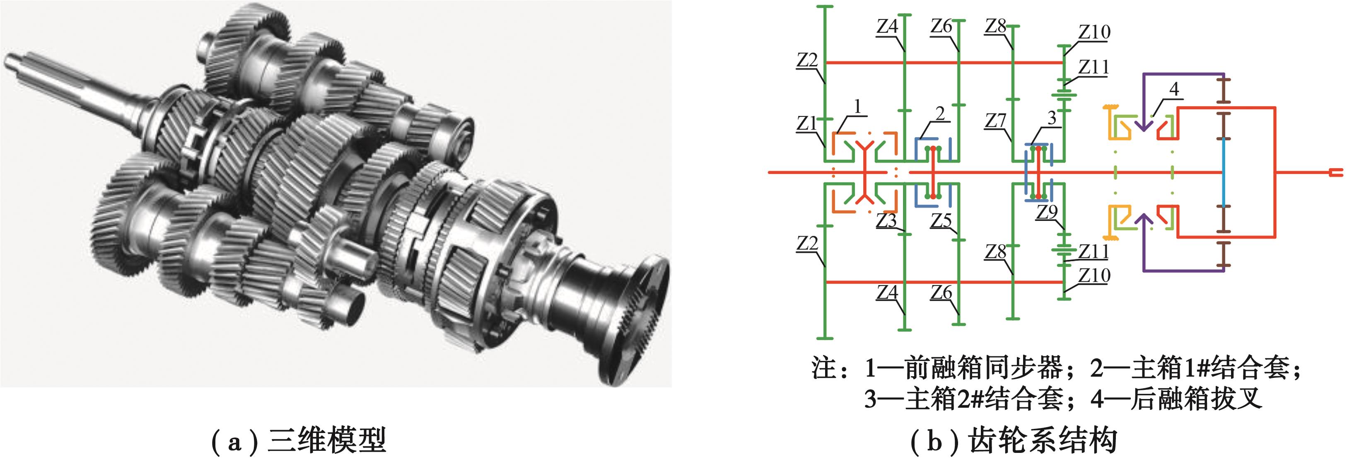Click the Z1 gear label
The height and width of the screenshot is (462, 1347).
(x=806, y=123)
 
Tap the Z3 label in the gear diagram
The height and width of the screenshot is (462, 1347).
(x=887, y=221)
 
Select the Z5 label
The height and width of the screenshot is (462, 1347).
(x=941, y=221)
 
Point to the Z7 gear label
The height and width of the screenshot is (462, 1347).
(x=996, y=121)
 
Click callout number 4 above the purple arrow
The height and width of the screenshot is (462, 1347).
(x=1174, y=89)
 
